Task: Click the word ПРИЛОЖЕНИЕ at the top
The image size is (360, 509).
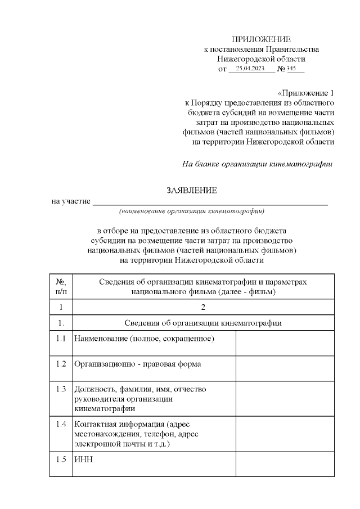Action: click(x=261, y=39)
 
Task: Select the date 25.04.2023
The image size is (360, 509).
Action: click(x=250, y=69)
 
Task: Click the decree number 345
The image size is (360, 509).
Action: click(x=291, y=69)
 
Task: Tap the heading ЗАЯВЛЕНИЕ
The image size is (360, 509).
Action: click(x=192, y=191)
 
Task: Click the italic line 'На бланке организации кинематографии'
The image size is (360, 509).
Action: click(x=258, y=164)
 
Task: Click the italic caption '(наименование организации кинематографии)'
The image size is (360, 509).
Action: click(x=192, y=211)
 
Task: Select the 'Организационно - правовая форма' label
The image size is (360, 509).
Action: click(x=137, y=364)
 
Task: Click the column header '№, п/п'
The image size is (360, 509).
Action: click(x=61, y=287)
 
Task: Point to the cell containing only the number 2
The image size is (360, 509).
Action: click(x=203, y=307)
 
